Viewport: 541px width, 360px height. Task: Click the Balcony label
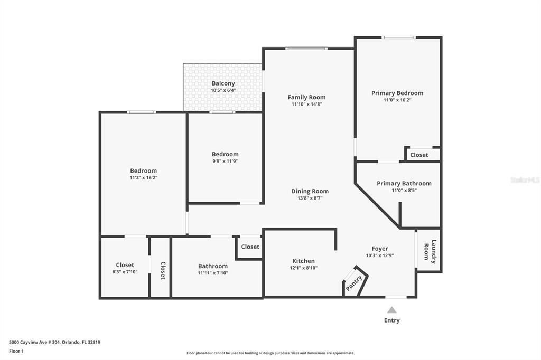point(223,83)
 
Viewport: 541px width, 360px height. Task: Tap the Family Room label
point(306,97)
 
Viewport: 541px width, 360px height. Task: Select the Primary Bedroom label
point(397,93)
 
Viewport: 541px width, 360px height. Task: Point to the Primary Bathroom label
point(404,183)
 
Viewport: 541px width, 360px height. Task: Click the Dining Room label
point(310,191)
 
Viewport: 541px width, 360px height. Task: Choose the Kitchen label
point(303,261)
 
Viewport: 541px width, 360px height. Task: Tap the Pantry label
point(354,283)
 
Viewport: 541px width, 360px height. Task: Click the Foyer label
point(379,249)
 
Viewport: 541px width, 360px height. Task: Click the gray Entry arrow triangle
point(391,310)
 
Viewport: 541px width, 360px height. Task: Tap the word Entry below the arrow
point(391,320)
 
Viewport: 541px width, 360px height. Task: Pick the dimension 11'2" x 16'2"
point(143,178)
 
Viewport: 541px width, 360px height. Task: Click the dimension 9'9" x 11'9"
point(225,162)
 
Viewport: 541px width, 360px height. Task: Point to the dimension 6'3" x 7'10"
point(125,272)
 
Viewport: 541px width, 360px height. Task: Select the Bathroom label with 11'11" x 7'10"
point(213,266)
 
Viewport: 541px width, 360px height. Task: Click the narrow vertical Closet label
point(163,270)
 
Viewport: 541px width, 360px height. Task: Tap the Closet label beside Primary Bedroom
point(419,155)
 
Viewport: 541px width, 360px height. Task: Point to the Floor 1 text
point(16,351)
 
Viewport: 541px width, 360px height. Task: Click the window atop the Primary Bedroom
point(399,37)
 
